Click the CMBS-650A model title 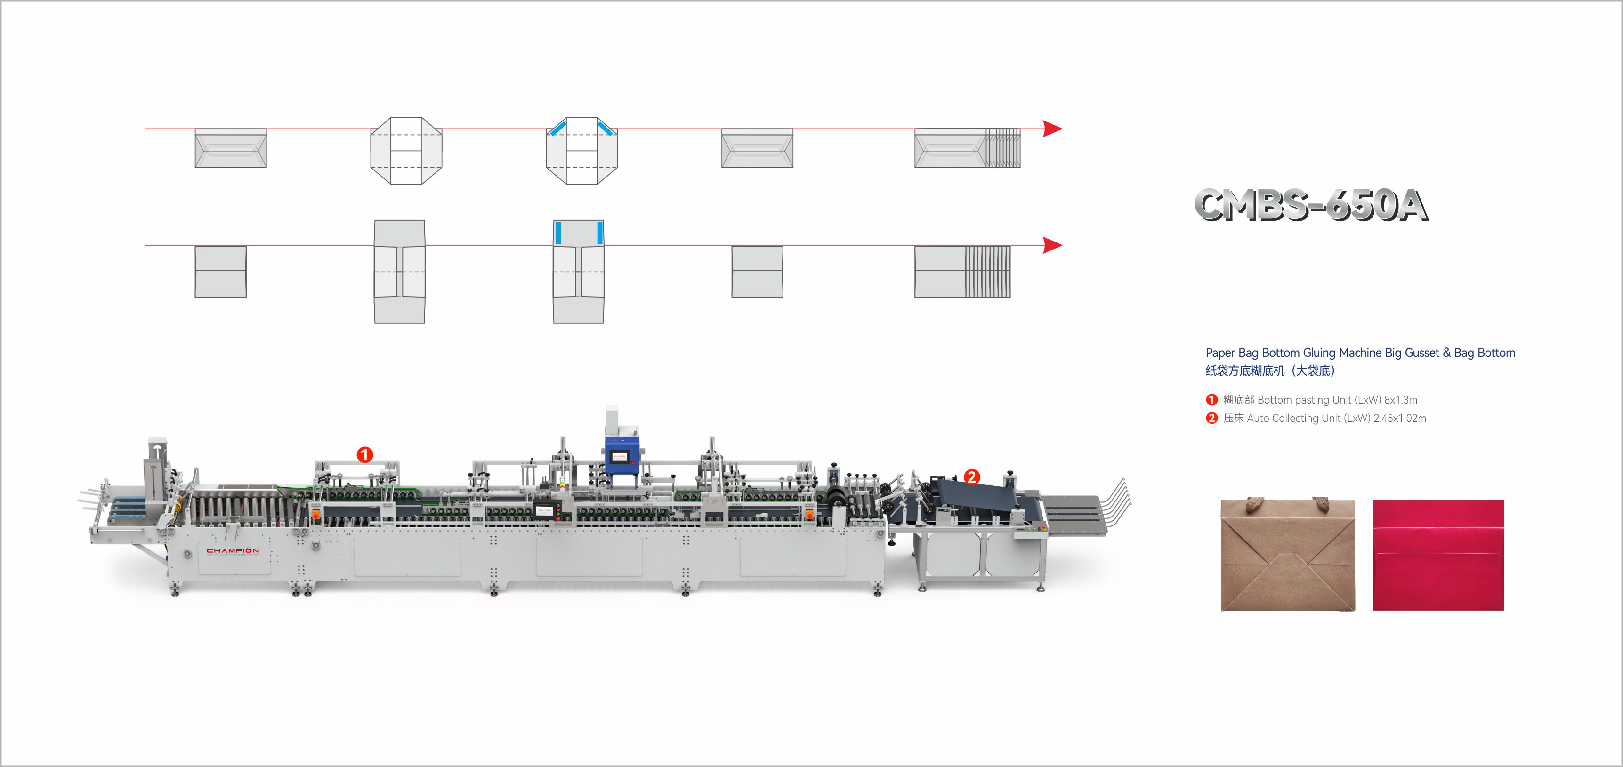(x=1311, y=204)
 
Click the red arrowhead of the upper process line (x=1052, y=129)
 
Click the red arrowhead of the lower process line (x=1052, y=245)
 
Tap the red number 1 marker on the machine (x=365, y=454)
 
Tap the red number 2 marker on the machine (x=972, y=476)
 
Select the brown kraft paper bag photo (x=1288, y=555)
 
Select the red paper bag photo (x=1438, y=555)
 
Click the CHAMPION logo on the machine (x=233, y=551)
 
